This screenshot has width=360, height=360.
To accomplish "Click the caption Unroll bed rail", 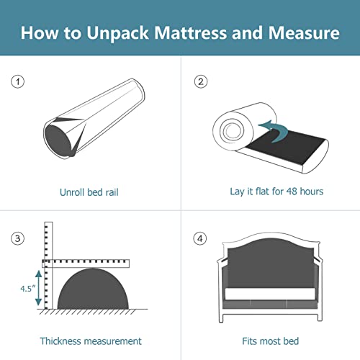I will point(89,192).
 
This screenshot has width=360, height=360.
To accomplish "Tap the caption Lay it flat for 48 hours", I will point(271,192).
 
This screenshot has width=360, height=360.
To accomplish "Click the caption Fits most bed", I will point(271,341).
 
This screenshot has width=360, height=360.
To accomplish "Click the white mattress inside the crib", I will point(270,293).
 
